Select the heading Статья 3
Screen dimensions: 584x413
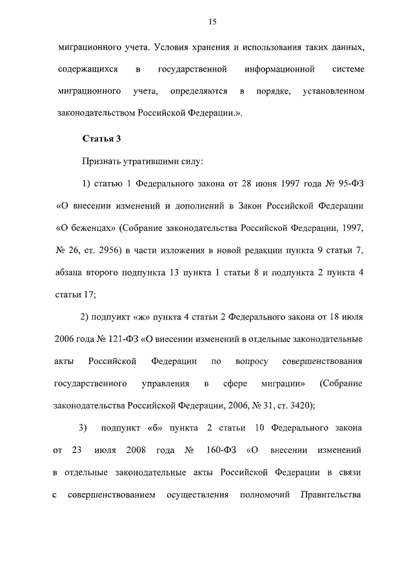[100, 139]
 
